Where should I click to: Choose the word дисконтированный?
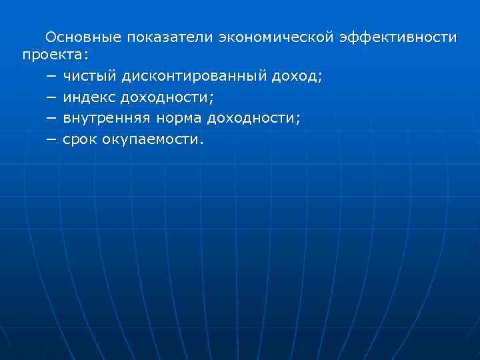(193, 77)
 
